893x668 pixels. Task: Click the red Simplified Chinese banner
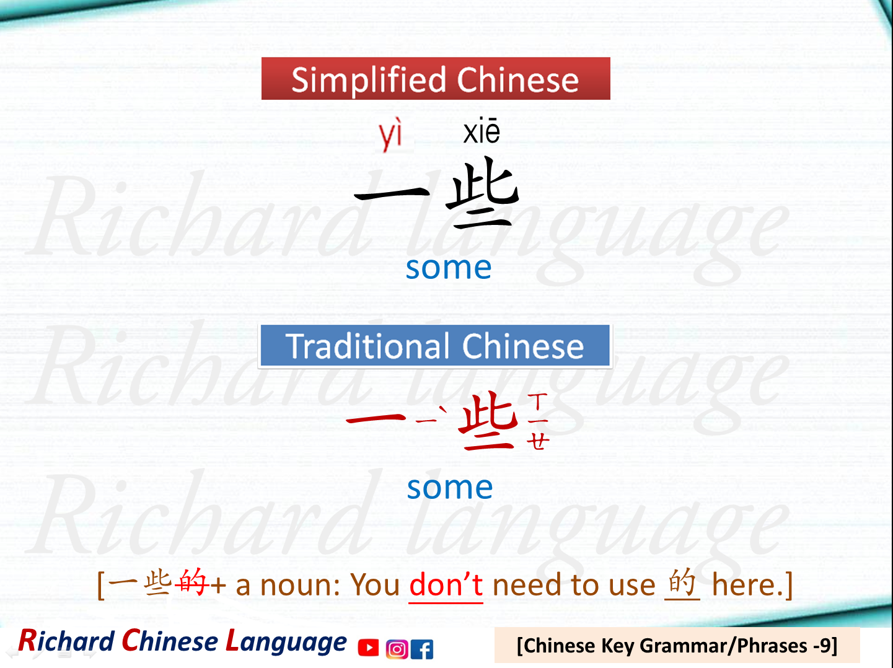click(436, 79)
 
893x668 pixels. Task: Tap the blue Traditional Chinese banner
click(435, 346)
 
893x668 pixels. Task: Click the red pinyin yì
click(390, 134)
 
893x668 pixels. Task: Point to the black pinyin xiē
click(482, 131)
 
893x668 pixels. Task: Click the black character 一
click(392, 194)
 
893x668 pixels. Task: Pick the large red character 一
click(376, 420)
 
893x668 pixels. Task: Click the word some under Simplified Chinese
click(449, 268)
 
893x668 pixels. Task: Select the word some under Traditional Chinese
click(450, 488)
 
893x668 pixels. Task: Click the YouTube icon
click(368, 648)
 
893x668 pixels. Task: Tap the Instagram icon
click(397, 649)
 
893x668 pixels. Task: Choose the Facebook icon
click(422, 649)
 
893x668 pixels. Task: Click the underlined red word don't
click(446, 585)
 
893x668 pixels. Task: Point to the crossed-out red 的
click(191, 582)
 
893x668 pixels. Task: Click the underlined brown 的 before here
click(682, 582)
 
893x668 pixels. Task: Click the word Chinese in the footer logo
click(172, 641)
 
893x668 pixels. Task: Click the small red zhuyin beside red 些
click(538, 421)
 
